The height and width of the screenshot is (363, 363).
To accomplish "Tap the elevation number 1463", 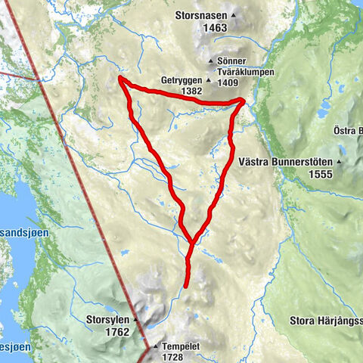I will click(x=215, y=28).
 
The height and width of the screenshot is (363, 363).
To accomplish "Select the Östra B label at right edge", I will click(x=348, y=131).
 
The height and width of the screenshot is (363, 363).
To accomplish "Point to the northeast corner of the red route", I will click(x=243, y=100).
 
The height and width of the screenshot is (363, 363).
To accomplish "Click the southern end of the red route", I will click(x=186, y=285).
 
